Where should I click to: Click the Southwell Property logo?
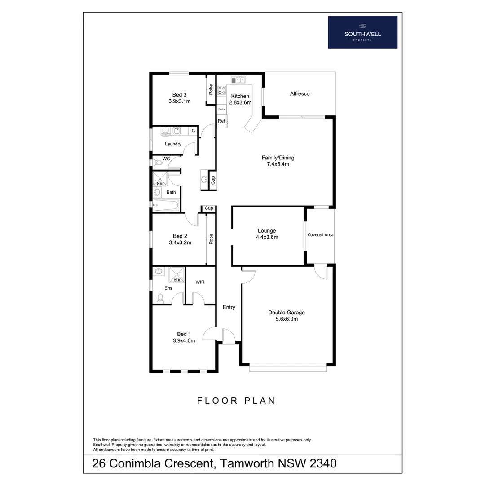[362, 32]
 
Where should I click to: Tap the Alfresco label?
[300, 94]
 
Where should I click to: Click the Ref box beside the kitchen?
[221, 121]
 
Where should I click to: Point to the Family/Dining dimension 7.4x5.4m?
[278, 164]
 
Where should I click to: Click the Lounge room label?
[267, 231]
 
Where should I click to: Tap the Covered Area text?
[321, 235]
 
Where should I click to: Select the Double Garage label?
[286, 313]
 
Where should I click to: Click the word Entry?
[229, 307]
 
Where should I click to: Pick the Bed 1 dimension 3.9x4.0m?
[184, 340]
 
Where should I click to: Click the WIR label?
[200, 282]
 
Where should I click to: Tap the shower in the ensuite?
[176, 274]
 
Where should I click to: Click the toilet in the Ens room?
[160, 297]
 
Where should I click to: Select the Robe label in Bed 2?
[211, 238]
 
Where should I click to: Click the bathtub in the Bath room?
[166, 205]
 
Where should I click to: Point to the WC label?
[166, 159]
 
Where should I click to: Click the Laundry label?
[173, 144]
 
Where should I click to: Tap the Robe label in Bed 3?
[211, 89]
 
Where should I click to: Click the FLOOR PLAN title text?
[236, 401]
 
